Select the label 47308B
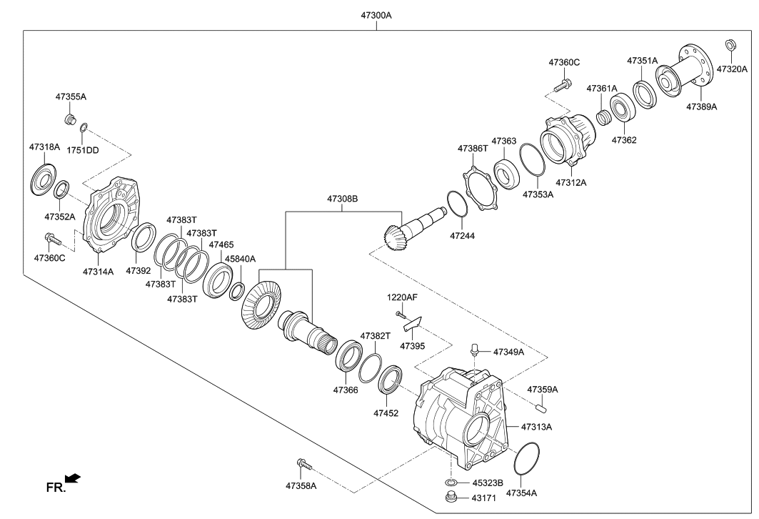click(x=343, y=198)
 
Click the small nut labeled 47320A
click(x=730, y=46)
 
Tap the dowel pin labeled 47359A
click(x=542, y=408)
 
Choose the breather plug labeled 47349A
click(x=473, y=351)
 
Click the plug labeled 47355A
click(x=70, y=118)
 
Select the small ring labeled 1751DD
click(x=84, y=129)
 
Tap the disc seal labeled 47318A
click(x=41, y=179)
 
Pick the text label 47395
click(x=412, y=345)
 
